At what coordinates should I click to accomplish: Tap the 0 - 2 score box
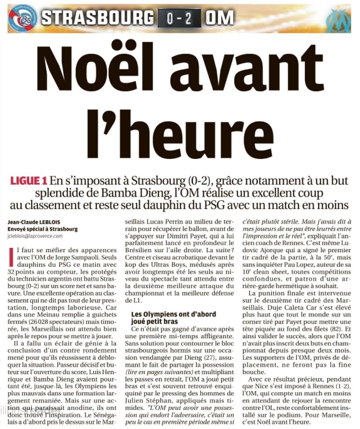[x=177, y=17]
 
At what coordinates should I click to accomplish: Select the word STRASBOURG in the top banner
[x=97, y=17]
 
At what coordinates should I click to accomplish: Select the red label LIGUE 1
[x=29, y=181]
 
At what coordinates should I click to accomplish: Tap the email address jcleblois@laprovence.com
[x=35, y=236]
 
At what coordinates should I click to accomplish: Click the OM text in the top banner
[x=219, y=17]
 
